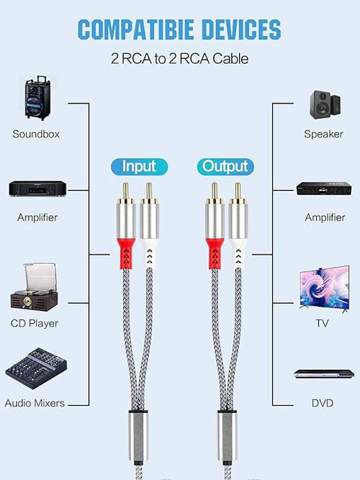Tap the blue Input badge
coord(140,167)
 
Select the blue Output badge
coord(225,167)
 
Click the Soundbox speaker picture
coord(37,98)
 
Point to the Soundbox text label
coord(36,134)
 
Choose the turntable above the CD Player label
coord(34,287)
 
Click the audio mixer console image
coord(36,368)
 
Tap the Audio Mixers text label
coord(35,403)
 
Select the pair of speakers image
coord(325,104)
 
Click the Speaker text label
coord(323,134)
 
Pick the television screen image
coord(324,289)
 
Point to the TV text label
coord(322,323)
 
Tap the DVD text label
coord(323,403)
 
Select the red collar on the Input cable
coord(126,254)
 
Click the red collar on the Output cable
coord(215,254)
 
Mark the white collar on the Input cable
coord(149,254)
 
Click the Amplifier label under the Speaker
coord(325,217)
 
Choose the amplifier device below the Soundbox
coord(37,189)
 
